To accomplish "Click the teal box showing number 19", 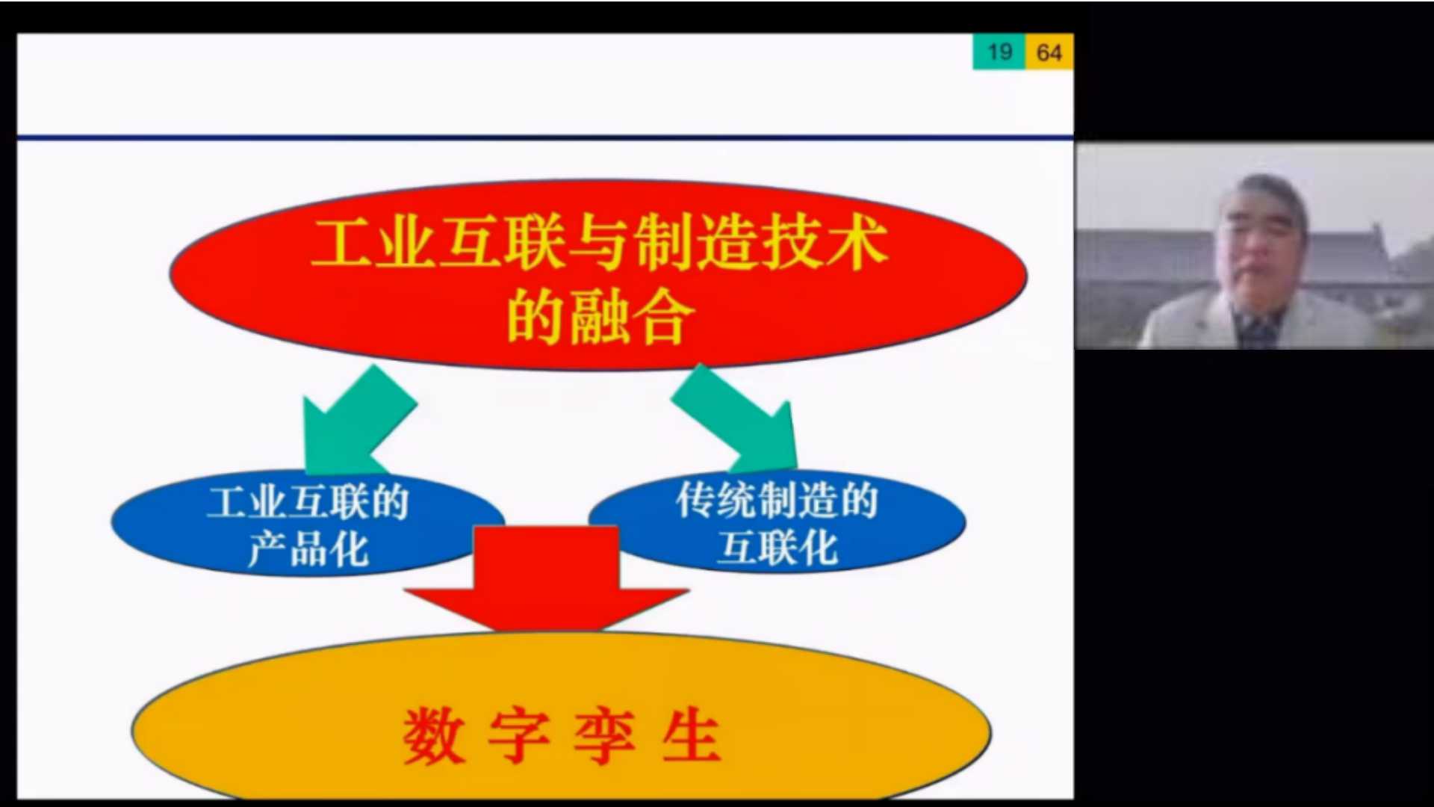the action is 999,52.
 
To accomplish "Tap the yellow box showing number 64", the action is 1049,52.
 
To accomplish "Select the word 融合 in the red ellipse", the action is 633,317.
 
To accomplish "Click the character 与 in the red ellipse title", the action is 599,242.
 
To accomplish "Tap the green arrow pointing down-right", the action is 736,418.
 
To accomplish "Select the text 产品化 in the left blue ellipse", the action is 308,549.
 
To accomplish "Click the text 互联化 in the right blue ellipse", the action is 777,548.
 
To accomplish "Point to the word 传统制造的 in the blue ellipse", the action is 777,500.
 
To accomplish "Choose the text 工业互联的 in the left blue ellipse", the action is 308,501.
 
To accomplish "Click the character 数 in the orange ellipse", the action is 433,735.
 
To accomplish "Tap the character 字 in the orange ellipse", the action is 519,735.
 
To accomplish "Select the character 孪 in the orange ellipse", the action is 605,735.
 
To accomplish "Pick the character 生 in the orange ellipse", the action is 691,735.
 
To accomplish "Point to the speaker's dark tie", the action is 1260,329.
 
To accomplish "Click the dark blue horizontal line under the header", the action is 545,137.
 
